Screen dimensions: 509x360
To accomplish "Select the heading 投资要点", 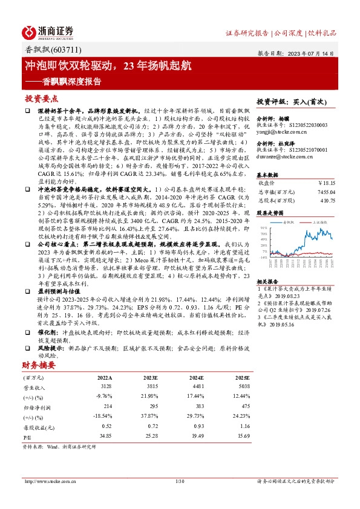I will pyautogui.click(x=42, y=98).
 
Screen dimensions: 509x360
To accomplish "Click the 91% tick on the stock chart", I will pyautogui.click(x=264, y=228).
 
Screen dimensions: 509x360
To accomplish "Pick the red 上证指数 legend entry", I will pyautogui.click(x=318, y=222).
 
